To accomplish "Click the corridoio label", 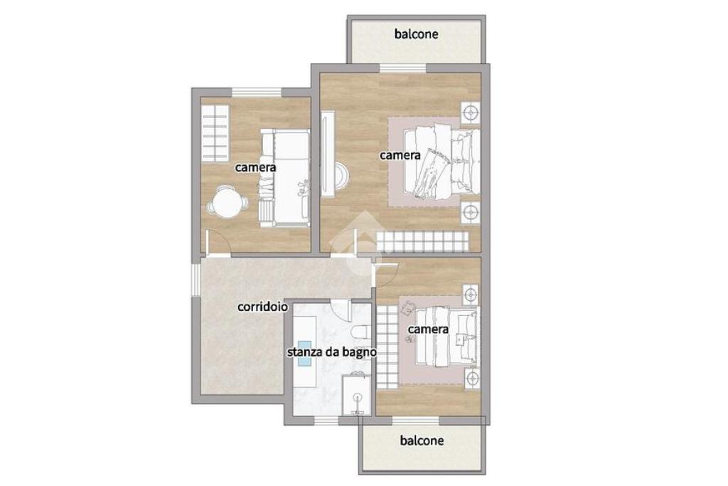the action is pos(262,307).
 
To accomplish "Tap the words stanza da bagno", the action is pos(331,352).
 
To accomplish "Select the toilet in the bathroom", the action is pos(360,332).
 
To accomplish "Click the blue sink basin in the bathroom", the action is pos(304,354).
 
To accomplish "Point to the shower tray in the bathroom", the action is pos(356,395).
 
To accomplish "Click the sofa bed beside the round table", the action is pos(285,178).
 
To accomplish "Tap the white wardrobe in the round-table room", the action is pos(215,132).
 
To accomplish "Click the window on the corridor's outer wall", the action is pos(196,277).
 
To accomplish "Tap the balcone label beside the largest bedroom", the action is pos(417,34).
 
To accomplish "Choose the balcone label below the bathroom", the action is pos(422,440).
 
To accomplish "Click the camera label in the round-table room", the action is pos(255,167).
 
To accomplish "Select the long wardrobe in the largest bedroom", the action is pos(422,242).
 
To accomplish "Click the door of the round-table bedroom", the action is pos(218,243).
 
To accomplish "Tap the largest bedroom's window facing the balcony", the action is pos(402,68).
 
